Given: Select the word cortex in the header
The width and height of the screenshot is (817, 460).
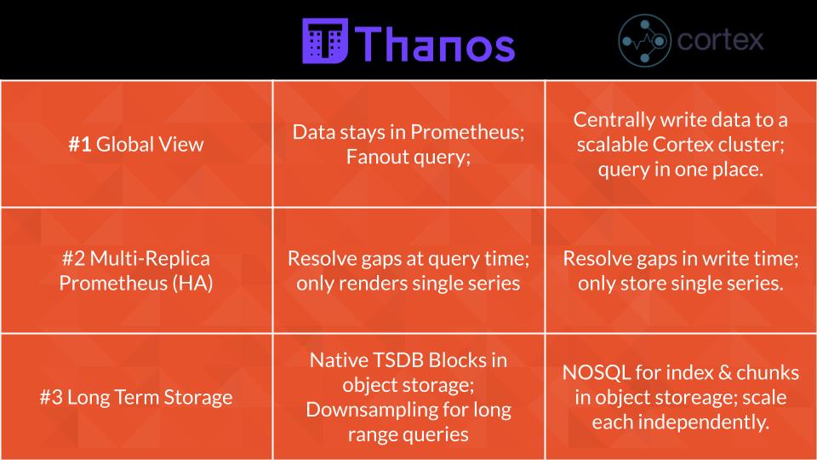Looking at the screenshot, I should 720,40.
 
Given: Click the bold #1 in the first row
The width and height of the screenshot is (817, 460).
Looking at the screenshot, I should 80,144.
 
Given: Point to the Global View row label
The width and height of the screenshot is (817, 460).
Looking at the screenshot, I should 150,144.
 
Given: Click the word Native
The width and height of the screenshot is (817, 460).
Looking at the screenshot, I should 335,359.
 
